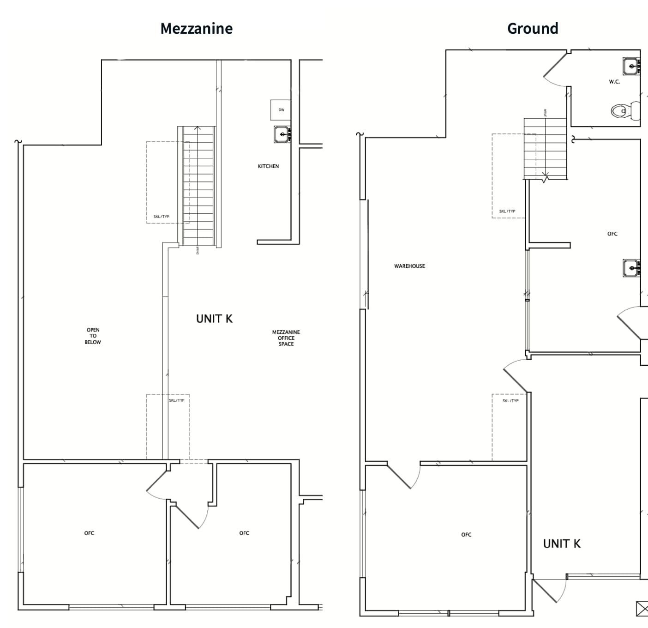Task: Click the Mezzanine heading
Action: [x=196, y=29]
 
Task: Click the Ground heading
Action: [x=532, y=29]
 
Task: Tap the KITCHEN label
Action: [x=268, y=166]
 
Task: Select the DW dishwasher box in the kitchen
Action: [x=281, y=110]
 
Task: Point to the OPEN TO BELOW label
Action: [x=93, y=336]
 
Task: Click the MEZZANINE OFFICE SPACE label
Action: [x=286, y=338]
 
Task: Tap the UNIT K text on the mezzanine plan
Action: [x=214, y=319]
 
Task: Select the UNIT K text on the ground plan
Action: [x=562, y=543]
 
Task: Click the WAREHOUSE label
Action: [x=409, y=266]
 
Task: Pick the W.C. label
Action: [x=614, y=82]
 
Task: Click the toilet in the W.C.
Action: [x=625, y=111]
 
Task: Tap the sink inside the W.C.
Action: [x=631, y=66]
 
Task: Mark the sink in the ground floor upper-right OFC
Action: [x=631, y=268]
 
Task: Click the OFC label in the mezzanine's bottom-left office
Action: [x=89, y=533]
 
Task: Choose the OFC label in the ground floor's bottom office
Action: [x=466, y=535]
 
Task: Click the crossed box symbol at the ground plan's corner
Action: [x=642, y=609]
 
